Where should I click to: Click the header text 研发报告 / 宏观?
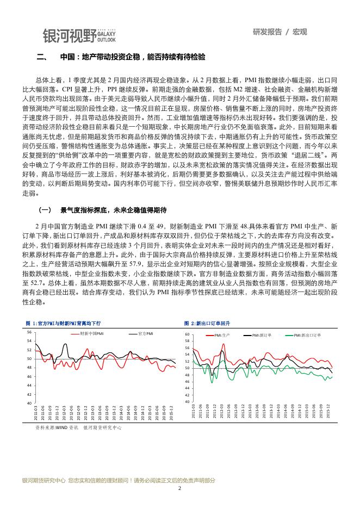[x=280, y=32]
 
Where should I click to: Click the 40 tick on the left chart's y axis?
[x=29, y=403]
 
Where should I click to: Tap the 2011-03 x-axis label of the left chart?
[x=36, y=413]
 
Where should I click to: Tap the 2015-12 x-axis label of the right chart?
[x=327, y=413]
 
